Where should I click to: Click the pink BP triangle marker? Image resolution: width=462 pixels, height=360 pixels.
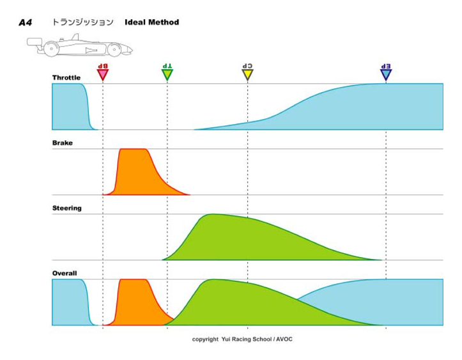tap(102, 74)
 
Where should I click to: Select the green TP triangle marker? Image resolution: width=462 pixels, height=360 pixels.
tap(167, 74)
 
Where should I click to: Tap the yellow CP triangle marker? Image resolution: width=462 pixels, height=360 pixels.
tap(247, 74)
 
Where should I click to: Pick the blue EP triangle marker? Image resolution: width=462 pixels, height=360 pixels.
tap(386, 74)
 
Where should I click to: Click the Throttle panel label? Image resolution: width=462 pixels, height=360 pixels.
tap(66, 78)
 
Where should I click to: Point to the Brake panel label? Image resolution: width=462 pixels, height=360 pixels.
tap(63, 143)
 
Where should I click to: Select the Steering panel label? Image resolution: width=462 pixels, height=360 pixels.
tap(66, 208)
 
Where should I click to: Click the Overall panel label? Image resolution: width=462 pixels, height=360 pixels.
tap(65, 273)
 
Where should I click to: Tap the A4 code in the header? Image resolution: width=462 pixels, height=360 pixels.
tap(25, 22)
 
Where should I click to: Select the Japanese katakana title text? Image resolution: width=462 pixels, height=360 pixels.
tap(83, 22)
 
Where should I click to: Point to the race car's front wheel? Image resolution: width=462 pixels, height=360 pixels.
tap(115, 49)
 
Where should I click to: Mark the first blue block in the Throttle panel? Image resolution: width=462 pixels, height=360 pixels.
tap(68, 106)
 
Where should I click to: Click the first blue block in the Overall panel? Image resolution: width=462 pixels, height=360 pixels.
tap(68, 302)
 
